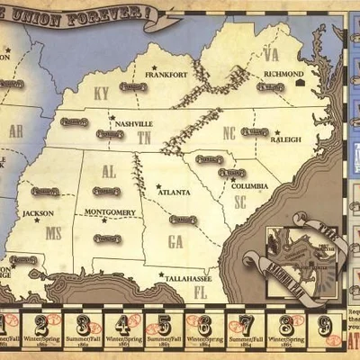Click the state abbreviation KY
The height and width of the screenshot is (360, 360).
[101, 93]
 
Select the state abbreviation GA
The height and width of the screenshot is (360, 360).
[175, 240]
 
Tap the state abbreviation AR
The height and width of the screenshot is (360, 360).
[16, 130]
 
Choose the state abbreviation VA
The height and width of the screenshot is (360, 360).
[271, 55]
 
